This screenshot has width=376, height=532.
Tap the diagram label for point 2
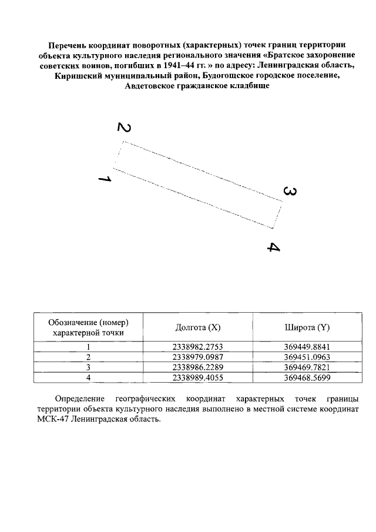coord(124,128)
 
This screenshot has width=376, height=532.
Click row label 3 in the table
coord(88,367)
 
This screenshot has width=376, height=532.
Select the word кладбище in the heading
coord(244,86)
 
